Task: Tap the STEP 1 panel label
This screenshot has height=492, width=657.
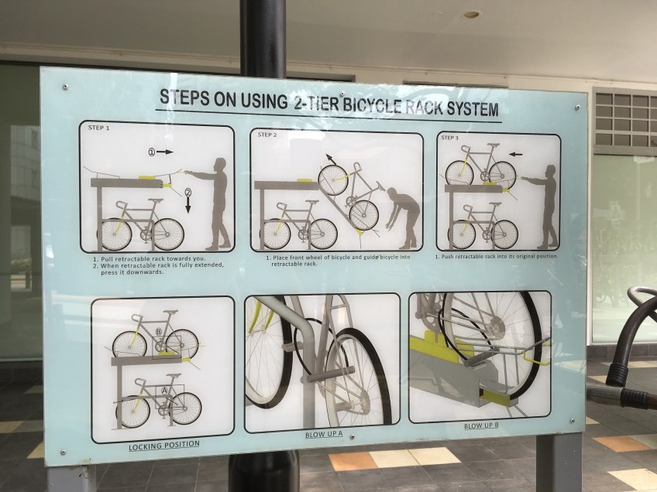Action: [98, 128]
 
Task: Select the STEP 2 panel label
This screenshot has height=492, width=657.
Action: [267, 135]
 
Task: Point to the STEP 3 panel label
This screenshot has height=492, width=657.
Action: [449, 138]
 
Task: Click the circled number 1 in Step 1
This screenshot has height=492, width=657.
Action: [152, 152]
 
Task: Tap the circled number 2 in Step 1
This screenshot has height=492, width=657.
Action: [188, 193]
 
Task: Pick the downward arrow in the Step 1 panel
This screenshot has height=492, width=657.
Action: [188, 205]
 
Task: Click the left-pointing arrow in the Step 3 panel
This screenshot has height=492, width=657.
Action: [516, 155]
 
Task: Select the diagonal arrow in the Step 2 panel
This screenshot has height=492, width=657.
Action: [332, 159]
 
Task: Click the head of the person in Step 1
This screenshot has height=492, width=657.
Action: [220, 163]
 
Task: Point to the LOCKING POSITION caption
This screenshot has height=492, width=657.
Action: [163, 445]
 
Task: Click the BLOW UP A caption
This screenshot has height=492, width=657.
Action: [324, 434]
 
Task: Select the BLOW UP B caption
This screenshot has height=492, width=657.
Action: [481, 426]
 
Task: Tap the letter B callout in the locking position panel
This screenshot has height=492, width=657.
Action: [158, 332]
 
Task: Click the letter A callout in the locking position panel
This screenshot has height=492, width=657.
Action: [165, 390]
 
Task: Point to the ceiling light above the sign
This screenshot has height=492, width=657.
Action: [471, 15]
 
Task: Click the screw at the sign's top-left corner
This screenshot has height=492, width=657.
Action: [65, 87]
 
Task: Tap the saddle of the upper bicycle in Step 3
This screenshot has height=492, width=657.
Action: [494, 145]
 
